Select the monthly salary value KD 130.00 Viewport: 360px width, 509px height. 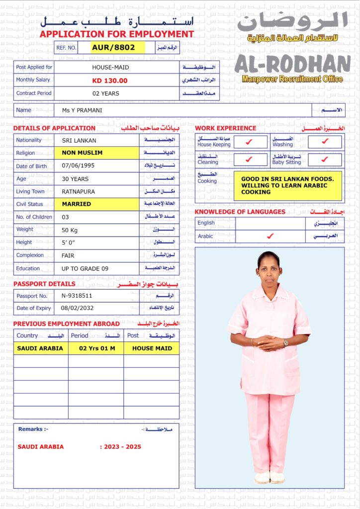[110, 81]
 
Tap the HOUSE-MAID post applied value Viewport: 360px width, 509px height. [110, 67]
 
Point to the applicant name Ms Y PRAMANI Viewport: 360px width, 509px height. [82, 110]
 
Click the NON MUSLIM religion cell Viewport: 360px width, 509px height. [82, 153]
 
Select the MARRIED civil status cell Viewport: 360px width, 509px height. [77, 204]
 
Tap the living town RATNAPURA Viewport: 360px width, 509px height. [78, 191]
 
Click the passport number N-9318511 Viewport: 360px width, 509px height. [77, 296]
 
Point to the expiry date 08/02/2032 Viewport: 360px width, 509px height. [77, 308]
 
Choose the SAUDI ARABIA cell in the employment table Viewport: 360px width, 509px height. [40, 348]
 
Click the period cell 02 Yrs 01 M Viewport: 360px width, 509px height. [97, 348]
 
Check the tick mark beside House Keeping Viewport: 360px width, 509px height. [250, 142]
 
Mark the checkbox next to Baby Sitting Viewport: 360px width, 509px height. [325, 160]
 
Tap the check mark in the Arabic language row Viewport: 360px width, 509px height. [270, 236]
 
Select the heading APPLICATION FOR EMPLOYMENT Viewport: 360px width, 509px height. [117, 34]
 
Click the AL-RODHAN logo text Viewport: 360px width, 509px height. [292, 64]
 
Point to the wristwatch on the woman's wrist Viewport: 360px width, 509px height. [285, 342]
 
